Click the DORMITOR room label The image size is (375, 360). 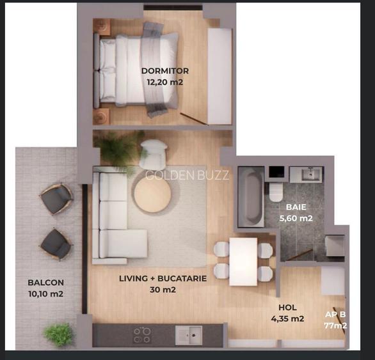[165, 71]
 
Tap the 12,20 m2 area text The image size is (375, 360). [165, 82]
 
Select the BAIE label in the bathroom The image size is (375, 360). [296, 207]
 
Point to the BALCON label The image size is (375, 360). [46, 283]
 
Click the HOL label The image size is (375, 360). [288, 308]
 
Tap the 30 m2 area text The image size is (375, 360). [163, 290]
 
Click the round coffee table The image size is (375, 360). [152, 195]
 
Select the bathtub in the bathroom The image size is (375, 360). [251, 197]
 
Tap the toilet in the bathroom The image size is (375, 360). [276, 192]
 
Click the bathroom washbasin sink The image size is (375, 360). [310, 174]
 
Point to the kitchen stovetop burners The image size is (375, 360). [142, 335]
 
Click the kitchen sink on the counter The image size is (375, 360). [189, 335]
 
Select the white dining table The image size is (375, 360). [243, 262]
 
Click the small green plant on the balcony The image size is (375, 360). [59, 334]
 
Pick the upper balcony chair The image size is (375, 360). [56, 199]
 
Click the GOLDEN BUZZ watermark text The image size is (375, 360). [187, 175]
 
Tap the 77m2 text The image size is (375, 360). [335, 325]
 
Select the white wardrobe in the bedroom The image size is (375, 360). [219, 77]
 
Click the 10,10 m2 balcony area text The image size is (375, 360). [46, 293]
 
